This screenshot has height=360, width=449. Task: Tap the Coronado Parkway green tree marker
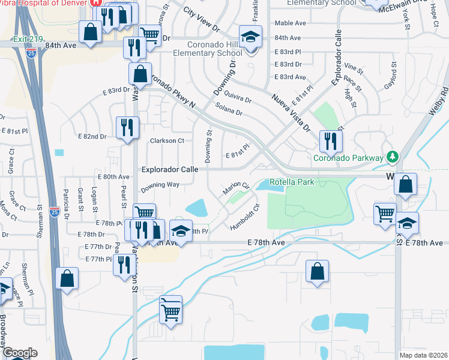393,157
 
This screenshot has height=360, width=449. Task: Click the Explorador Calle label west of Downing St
170,169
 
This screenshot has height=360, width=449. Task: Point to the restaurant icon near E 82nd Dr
127,127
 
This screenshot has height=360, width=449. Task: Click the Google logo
19,353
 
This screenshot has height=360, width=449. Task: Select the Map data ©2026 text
423,355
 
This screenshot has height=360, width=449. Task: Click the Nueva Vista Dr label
289,112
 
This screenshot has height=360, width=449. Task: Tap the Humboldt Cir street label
245,218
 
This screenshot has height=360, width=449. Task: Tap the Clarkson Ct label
167,141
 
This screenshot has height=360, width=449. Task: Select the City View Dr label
202,20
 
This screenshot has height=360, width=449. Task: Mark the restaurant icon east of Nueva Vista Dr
330,141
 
